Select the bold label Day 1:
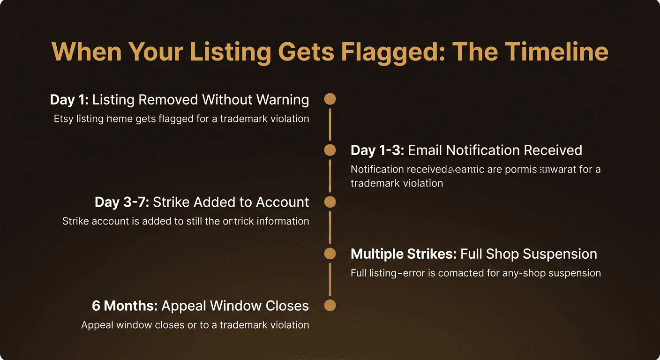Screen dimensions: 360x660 (69, 99)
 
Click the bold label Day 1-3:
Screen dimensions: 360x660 (377, 150)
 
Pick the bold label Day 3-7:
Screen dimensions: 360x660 (122, 202)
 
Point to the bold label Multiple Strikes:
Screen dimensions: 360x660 (404, 254)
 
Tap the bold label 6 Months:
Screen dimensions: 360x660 (124, 306)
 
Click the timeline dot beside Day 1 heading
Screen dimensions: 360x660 (330, 99)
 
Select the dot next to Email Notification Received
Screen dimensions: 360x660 (330, 150)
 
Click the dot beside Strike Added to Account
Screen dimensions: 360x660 (330, 202)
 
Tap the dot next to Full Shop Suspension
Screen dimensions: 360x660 (330, 254)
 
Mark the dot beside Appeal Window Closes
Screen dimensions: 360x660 (330, 306)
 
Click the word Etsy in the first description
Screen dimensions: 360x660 (64, 119)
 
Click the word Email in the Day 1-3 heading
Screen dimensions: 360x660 (425, 150)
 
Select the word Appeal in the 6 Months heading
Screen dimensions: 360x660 (183, 306)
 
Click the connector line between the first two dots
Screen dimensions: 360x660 (330, 124)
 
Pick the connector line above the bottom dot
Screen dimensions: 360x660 (330, 279)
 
